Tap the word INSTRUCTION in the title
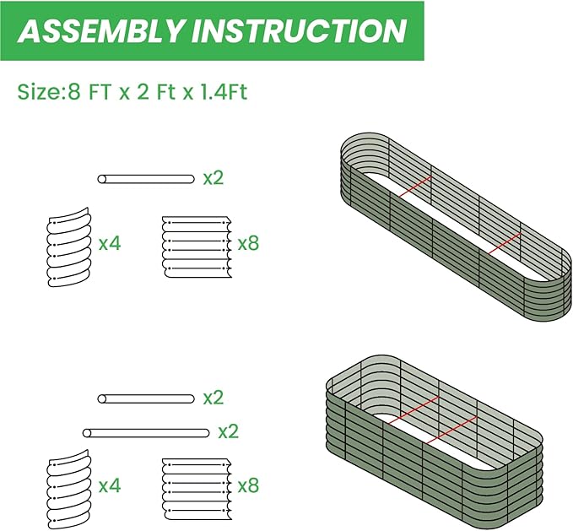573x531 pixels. (299, 30)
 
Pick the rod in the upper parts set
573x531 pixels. (146, 179)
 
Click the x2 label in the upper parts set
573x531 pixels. (214, 178)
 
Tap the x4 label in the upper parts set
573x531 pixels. (110, 244)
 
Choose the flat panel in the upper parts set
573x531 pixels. (194, 245)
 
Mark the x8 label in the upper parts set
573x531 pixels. (248, 244)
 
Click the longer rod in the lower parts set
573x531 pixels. (146, 432)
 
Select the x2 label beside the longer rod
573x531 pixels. (229, 431)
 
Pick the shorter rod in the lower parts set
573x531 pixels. (146, 398)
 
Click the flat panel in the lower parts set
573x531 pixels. (194, 487)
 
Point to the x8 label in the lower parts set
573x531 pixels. (248, 486)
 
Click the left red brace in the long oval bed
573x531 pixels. (414, 188)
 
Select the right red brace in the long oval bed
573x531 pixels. (503, 244)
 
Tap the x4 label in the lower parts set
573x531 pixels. (110, 486)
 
